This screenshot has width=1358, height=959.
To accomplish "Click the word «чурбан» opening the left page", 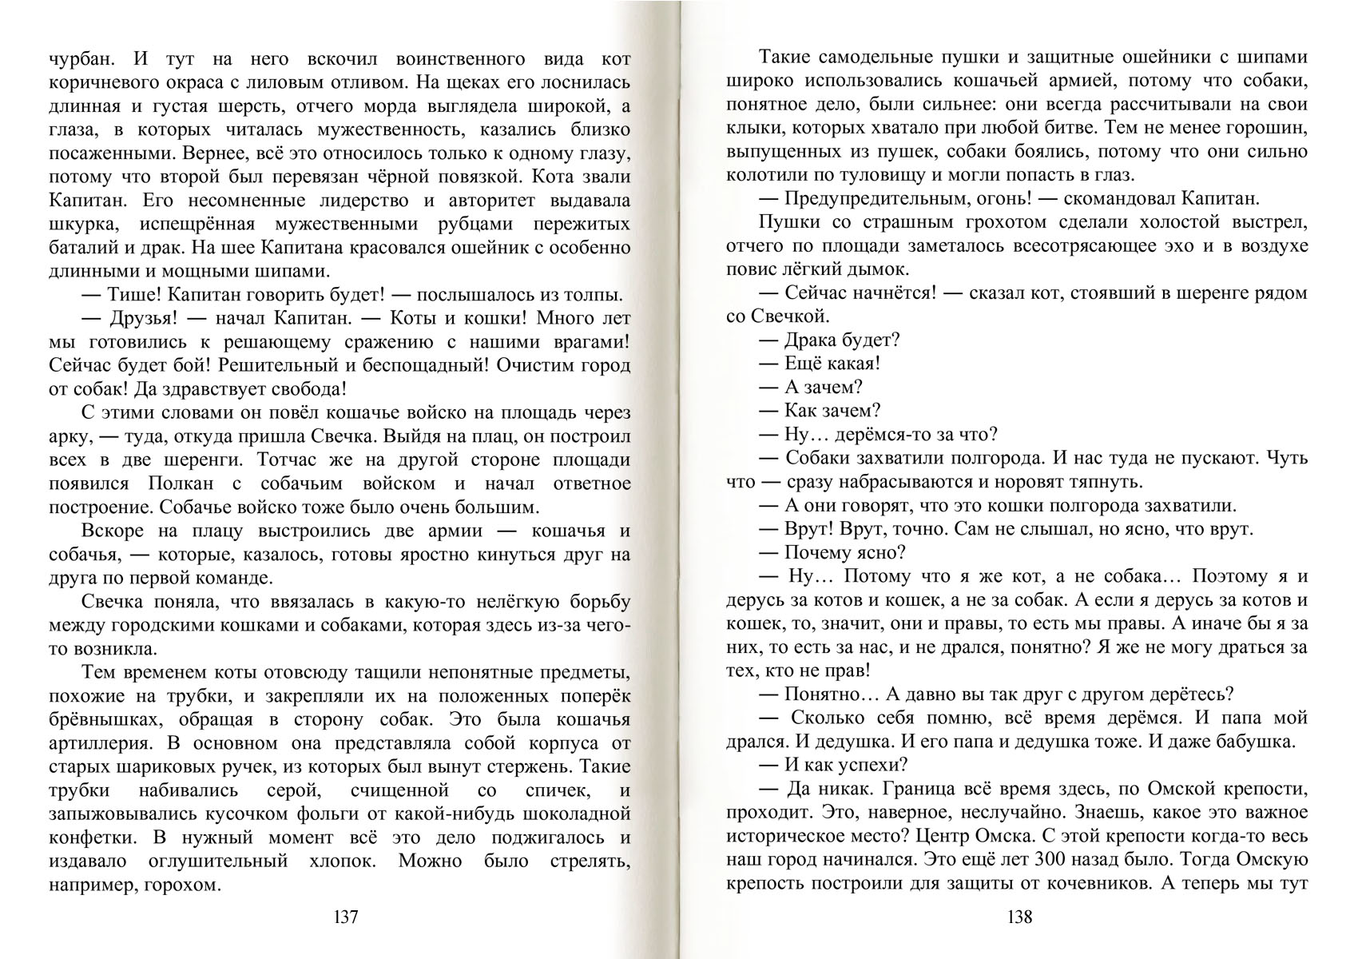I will [77, 58].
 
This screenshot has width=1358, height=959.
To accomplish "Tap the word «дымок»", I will [874, 269].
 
